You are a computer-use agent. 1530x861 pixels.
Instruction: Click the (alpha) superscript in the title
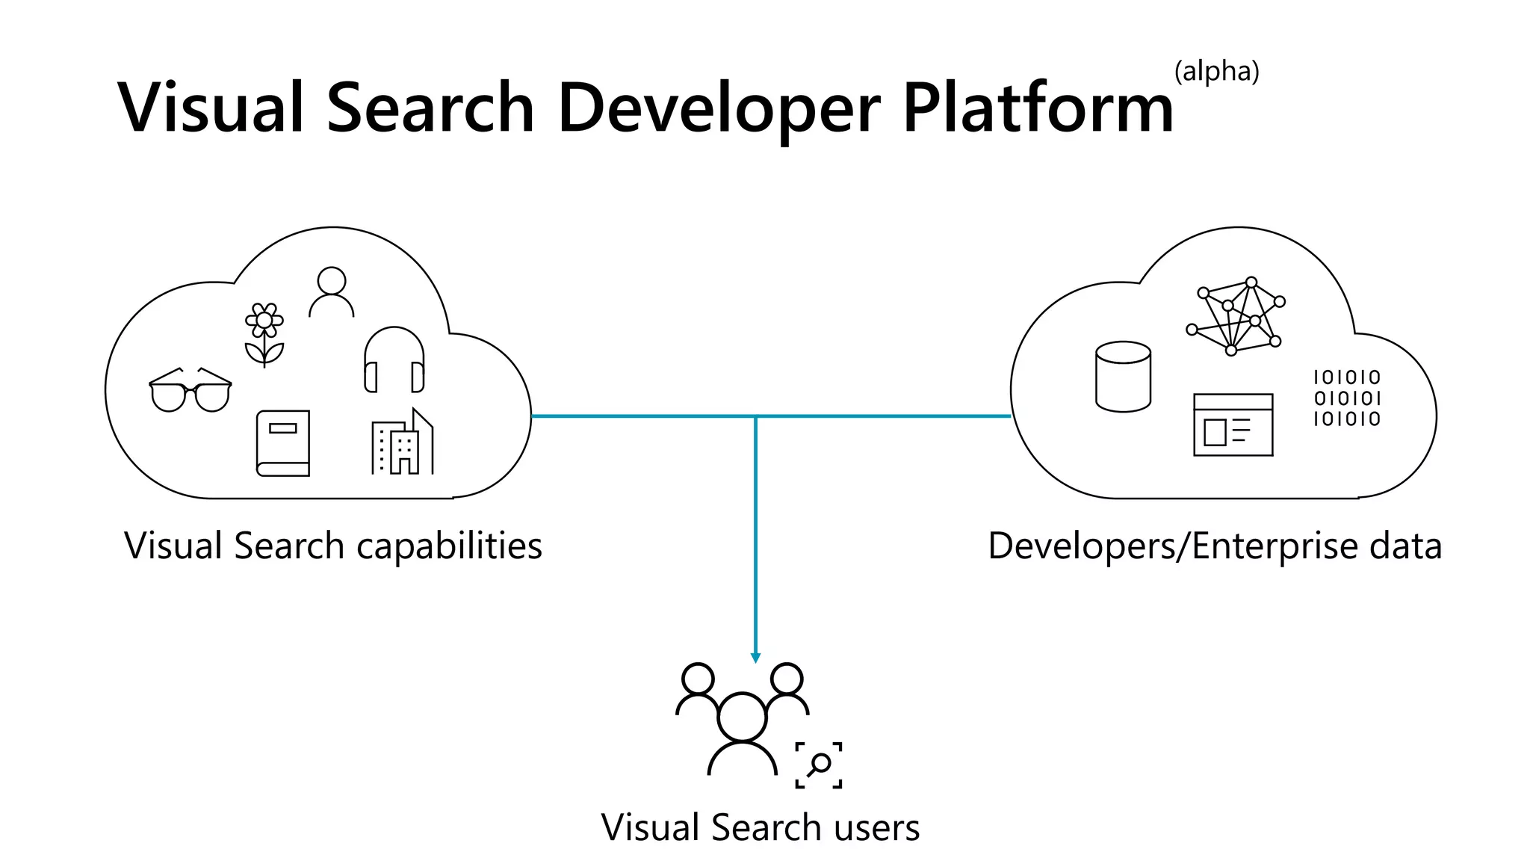[x=1216, y=72]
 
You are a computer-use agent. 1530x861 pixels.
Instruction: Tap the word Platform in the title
[x=1038, y=108]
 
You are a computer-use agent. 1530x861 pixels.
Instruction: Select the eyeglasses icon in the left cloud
[x=191, y=389]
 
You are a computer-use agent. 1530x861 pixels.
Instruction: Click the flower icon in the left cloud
[x=264, y=333]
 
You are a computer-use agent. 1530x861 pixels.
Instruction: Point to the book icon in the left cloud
[x=283, y=443]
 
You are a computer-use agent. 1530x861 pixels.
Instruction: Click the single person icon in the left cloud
[x=332, y=292]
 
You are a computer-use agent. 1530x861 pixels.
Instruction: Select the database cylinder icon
[x=1123, y=377]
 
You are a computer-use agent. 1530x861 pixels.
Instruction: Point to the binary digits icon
[x=1347, y=398]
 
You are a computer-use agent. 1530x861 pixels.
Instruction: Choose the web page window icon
[x=1233, y=425]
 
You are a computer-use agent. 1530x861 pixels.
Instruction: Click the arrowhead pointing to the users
[x=755, y=658]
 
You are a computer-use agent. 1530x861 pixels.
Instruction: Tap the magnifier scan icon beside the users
[x=819, y=765]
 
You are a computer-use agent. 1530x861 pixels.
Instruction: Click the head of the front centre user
[x=742, y=717]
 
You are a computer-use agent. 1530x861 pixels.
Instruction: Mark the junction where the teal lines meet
[x=755, y=416]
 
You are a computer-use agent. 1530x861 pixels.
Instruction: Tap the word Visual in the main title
[x=212, y=108]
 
